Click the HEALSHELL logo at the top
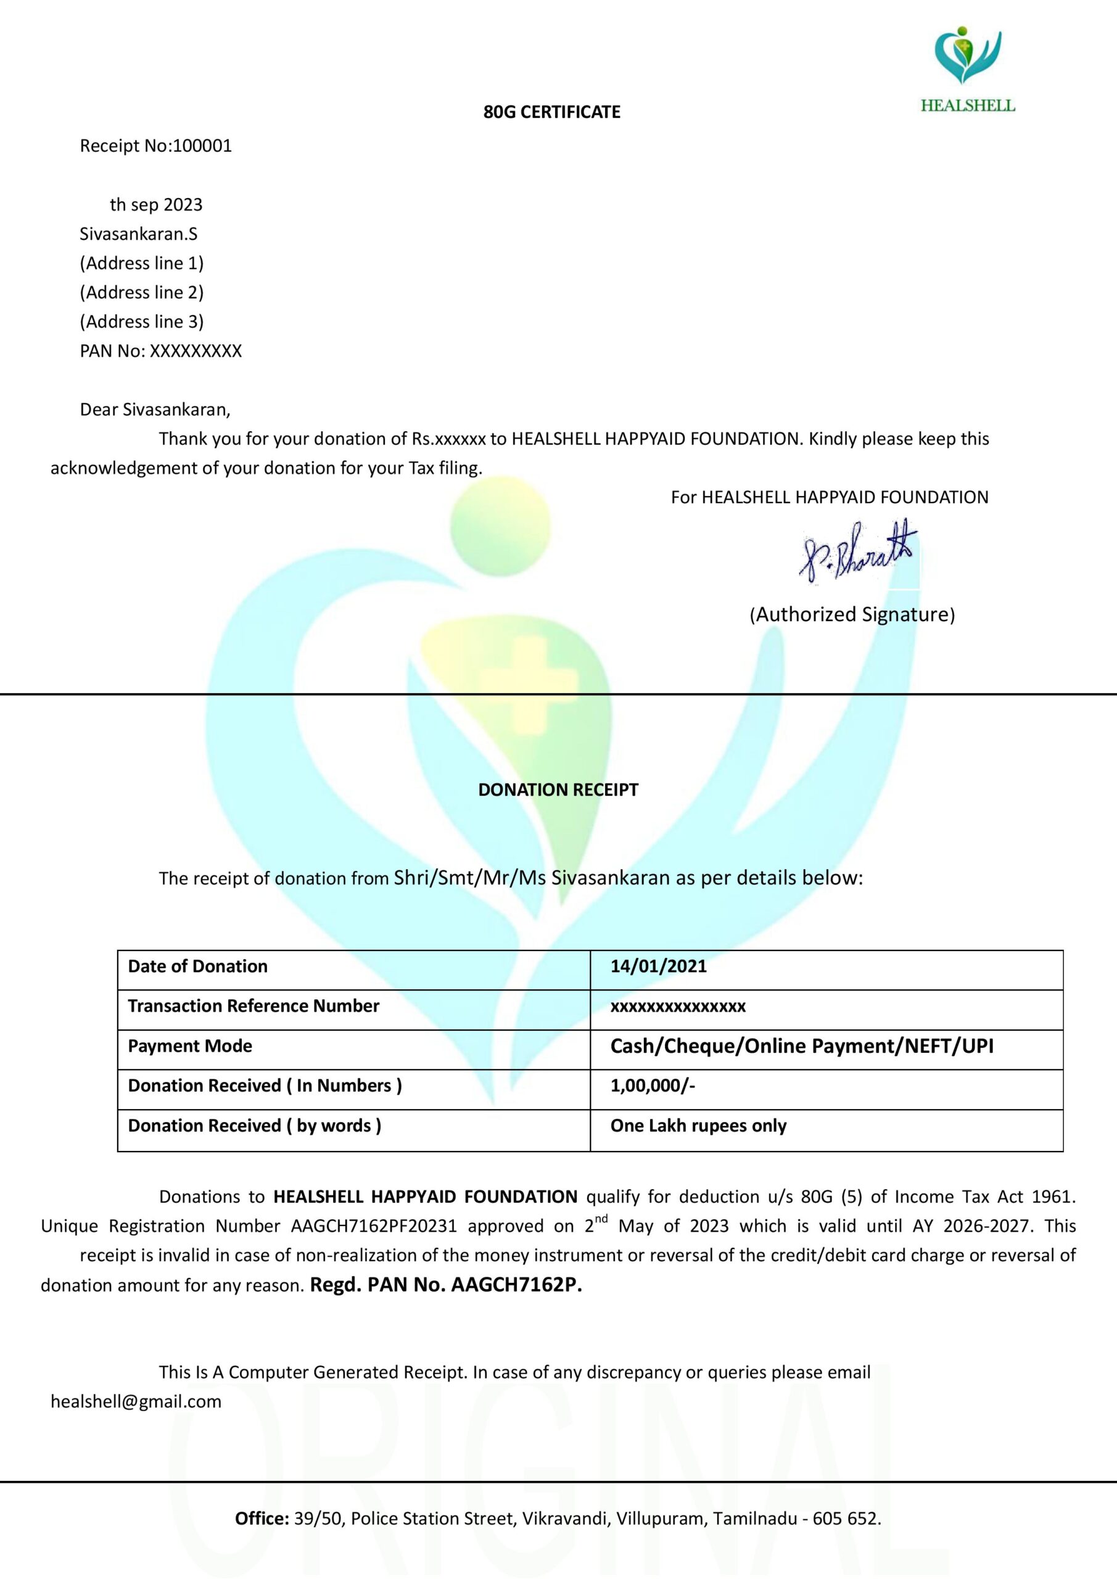pyautogui.click(x=967, y=68)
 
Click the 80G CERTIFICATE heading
pyautogui.click(x=551, y=112)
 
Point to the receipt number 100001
pyautogui.click(x=202, y=146)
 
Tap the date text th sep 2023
pyautogui.click(x=156, y=205)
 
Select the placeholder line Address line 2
pyautogui.click(x=142, y=292)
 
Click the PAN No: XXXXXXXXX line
pyautogui.click(x=161, y=351)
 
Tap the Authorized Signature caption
pyautogui.click(x=852, y=614)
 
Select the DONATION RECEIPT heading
pyautogui.click(x=558, y=789)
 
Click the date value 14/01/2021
pyautogui.click(x=658, y=967)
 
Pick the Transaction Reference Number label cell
pyautogui.click(x=253, y=1006)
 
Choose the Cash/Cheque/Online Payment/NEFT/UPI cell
pyautogui.click(x=801, y=1046)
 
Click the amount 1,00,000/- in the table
pyautogui.click(x=652, y=1086)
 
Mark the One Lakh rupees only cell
pyautogui.click(x=698, y=1126)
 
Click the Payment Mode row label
pyautogui.click(x=190, y=1046)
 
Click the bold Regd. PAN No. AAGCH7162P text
pyautogui.click(x=446, y=1285)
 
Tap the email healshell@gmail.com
pyautogui.click(x=136, y=1401)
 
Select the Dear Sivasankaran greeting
pyautogui.click(x=155, y=410)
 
